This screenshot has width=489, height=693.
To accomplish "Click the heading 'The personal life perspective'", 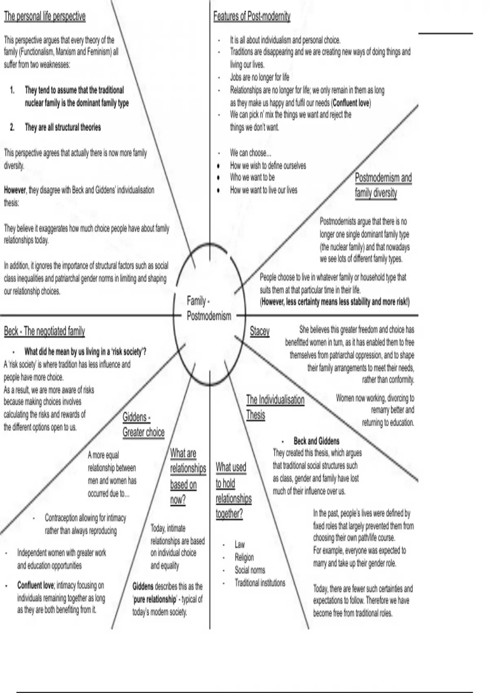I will click(x=45, y=17).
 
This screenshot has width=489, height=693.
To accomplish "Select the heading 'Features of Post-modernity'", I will click(x=252, y=17).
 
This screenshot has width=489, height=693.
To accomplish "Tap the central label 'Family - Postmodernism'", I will click(x=209, y=308).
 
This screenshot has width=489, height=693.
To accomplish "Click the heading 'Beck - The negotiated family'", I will click(x=44, y=331).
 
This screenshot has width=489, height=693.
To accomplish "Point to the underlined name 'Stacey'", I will click(x=260, y=331).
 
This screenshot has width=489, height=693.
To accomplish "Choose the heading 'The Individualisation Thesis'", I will click(x=275, y=407).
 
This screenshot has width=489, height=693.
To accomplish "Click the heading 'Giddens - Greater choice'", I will click(x=143, y=425).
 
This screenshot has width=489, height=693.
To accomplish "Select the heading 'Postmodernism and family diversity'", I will click(x=383, y=185).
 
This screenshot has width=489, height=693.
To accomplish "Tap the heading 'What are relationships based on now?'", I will click(x=188, y=476).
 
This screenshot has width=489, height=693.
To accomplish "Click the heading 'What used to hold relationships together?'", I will click(x=233, y=490).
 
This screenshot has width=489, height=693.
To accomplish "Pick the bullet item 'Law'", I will click(x=240, y=545).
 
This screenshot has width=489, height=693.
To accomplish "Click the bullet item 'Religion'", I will click(x=244, y=557).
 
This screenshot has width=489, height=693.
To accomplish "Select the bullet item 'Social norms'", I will click(x=250, y=570).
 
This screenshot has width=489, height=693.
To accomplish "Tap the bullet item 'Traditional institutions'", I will click(x=260, y=583).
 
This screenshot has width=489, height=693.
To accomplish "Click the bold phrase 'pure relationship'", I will click(x=155, y=600).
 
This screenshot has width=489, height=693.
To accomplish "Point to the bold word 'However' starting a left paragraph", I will click(x=15, y=190).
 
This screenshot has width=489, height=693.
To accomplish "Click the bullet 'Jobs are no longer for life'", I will click(x=260, y=77).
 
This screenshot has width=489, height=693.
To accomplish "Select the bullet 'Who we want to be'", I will click(x=252, y=177).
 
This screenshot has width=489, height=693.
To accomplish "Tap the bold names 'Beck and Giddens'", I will click(x=316, y=441).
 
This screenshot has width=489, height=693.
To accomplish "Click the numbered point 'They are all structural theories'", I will click(x=63, y=128).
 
